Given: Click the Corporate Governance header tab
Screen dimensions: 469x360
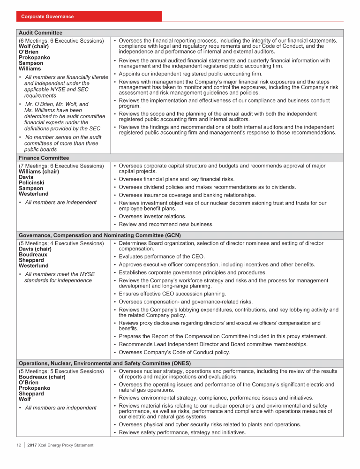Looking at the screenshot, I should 47,16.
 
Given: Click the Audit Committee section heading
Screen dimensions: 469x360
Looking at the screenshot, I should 40,33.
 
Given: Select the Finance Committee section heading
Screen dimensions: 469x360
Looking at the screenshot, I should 44,158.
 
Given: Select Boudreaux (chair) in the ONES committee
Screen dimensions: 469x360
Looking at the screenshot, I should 42,377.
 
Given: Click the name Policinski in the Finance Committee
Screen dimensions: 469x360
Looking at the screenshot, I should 32,182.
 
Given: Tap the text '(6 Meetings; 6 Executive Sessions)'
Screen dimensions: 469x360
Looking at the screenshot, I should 61,40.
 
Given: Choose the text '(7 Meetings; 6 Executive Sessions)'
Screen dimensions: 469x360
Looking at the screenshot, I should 61,166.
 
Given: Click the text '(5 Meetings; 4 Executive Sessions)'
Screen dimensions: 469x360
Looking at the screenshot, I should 61,243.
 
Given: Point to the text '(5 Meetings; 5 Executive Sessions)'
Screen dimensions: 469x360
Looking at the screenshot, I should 61,371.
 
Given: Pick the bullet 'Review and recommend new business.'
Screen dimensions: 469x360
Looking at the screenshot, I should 166,224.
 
